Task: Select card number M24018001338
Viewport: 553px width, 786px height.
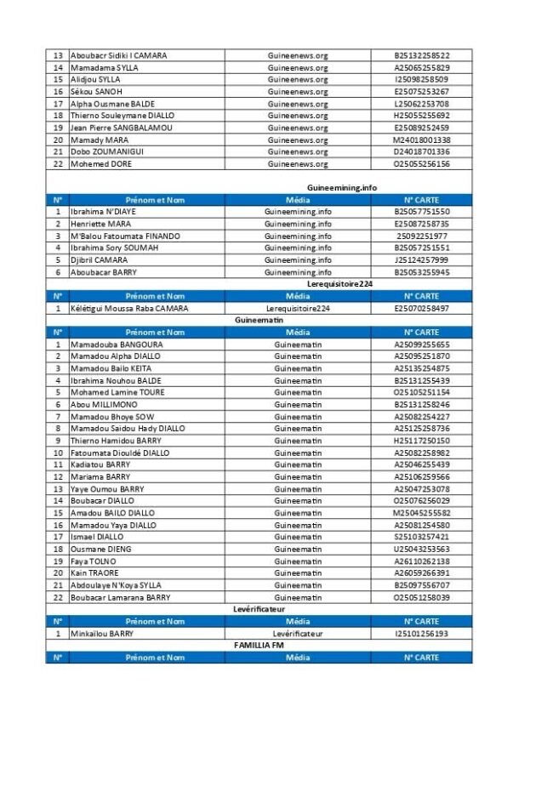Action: click(421, 140)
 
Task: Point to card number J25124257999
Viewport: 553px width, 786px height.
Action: click(421, 260)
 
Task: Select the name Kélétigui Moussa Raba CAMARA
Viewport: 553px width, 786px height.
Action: click(129, 309)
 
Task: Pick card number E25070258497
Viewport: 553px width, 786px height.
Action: click(421, 309)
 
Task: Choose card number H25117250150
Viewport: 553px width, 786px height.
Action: click(421, 441)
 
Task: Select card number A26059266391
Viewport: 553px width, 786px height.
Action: click(421, 573)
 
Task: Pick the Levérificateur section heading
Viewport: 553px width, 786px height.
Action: click(259, 609)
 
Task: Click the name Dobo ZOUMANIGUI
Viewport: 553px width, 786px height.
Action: click(107, 152)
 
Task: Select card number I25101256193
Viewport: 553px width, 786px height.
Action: click(421, 634)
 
